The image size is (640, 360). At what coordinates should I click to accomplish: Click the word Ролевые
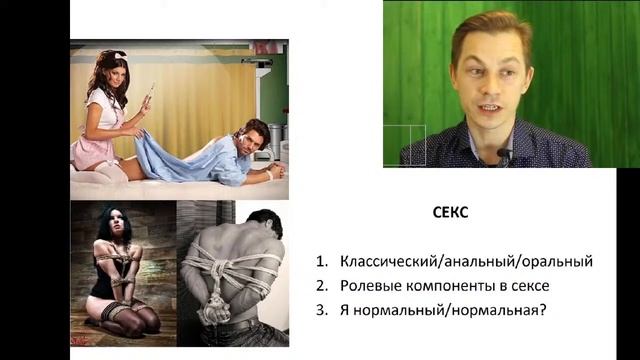(x=371, y=285)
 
